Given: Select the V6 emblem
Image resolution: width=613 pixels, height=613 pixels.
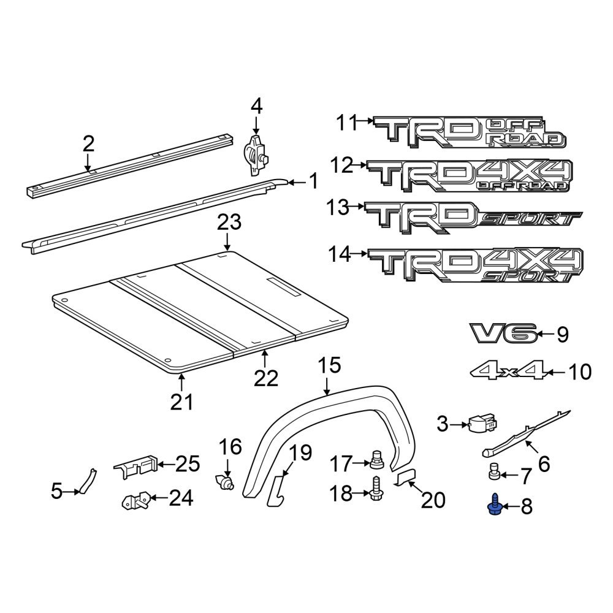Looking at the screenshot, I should point(503,333).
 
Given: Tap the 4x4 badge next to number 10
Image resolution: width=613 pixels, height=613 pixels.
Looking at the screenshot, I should point(509,371).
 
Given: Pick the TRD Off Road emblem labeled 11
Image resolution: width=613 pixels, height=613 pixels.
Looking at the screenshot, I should point(469,132).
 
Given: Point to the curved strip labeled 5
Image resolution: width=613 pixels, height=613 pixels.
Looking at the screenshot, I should point(86,480).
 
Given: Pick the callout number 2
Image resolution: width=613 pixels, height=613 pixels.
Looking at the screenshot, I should point(88,144).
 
